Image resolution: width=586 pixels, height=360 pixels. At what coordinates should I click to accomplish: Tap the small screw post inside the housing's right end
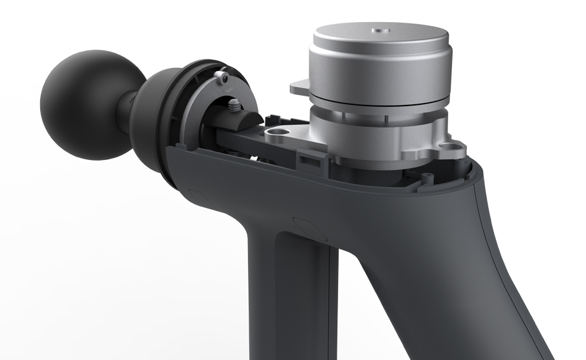click(427, 176)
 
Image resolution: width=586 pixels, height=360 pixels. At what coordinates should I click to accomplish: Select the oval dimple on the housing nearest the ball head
click(195, 194)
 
